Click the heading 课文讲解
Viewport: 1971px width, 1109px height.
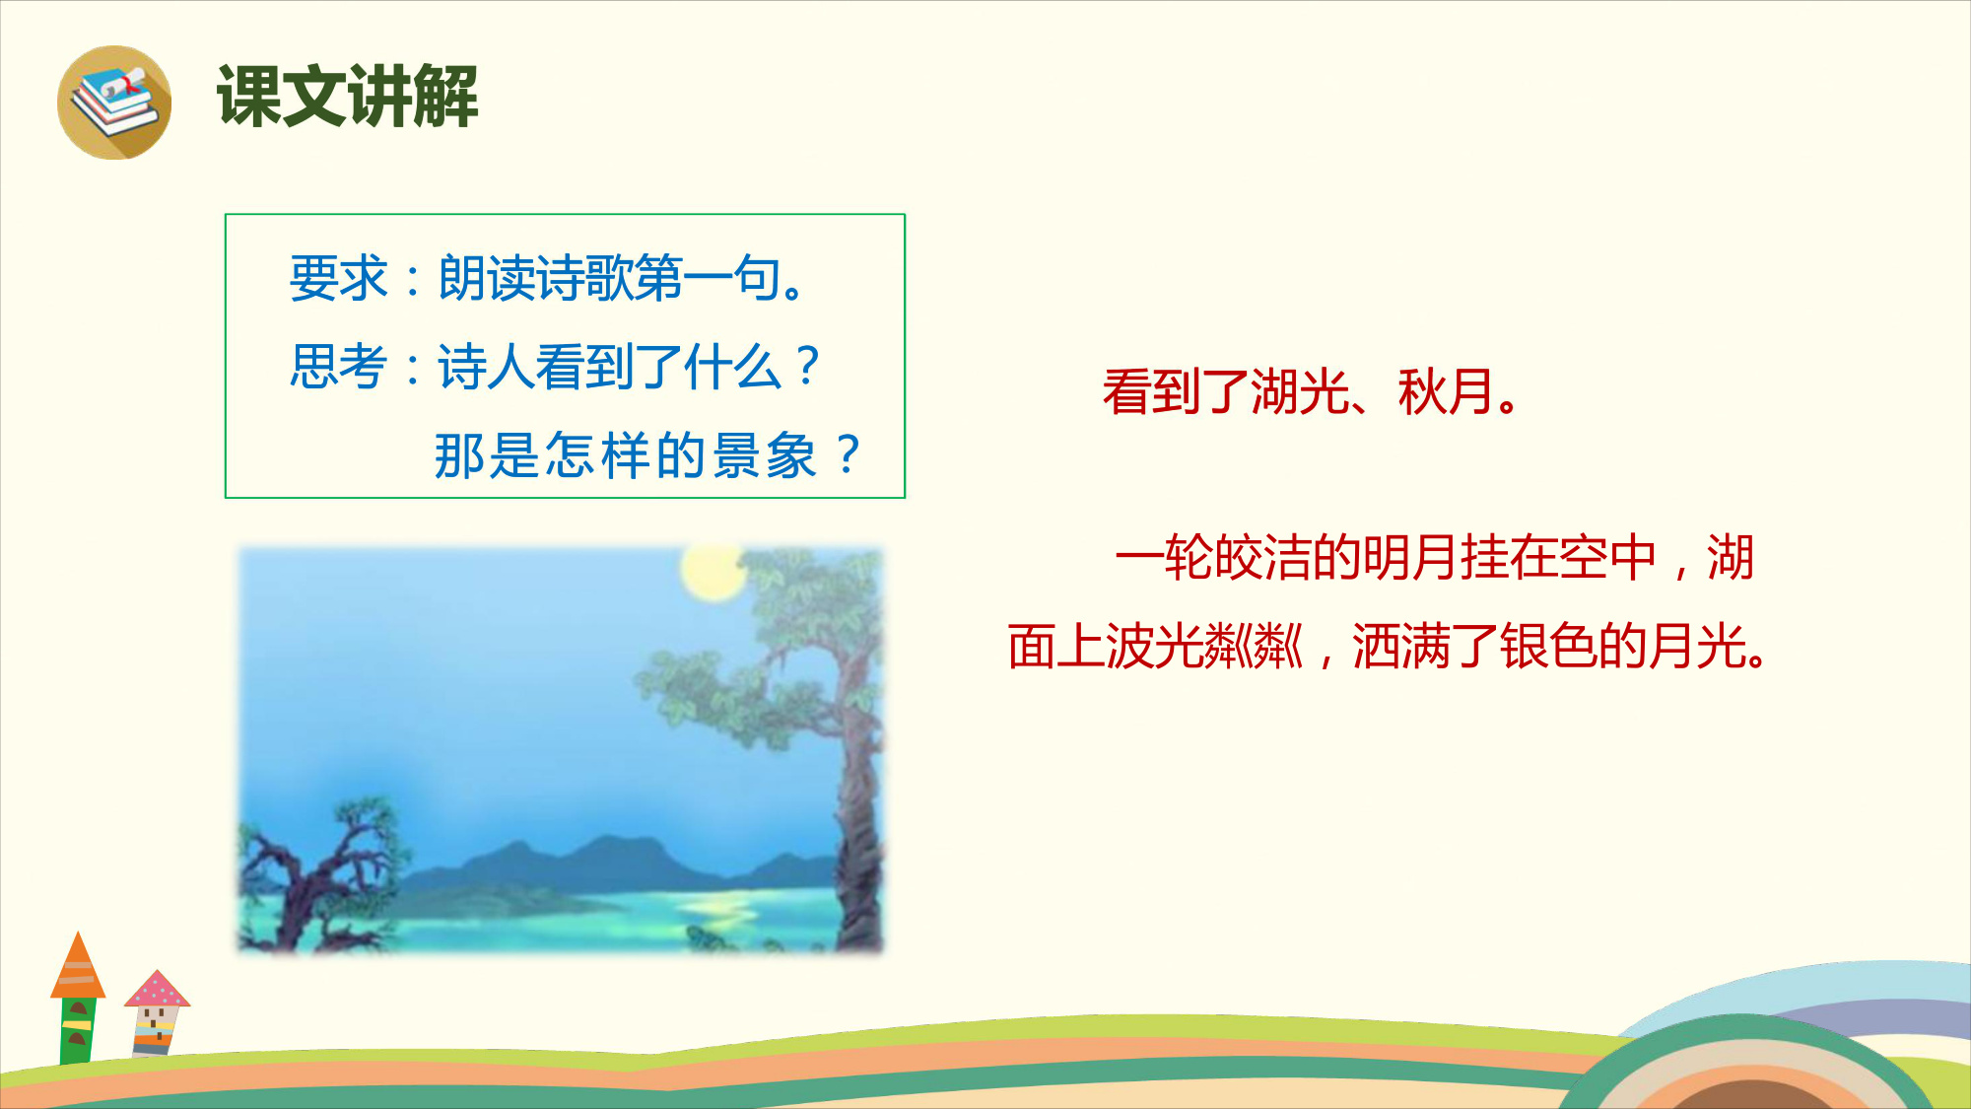(x=348, y=97)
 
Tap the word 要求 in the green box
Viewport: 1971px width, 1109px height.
(x=339, y=278)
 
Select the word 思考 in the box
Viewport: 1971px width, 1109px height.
(x=339, y=367)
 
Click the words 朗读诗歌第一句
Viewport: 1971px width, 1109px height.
(x=610, y=278)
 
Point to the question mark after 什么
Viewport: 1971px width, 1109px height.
(x=808, y=367)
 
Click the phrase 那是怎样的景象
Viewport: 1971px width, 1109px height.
(x=626, y=455)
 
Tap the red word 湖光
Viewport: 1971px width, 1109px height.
(x=1299, y=391)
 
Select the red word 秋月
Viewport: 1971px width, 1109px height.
(x=1447, y=391)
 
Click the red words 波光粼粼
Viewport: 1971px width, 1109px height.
(x=1204, y=647)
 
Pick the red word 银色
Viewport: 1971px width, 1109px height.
(x=1548, y=647)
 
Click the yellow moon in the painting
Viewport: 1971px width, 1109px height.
(x=714, y=572)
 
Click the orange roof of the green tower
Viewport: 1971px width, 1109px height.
(x=78, y=965)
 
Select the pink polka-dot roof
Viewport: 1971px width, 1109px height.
(x=157, y=989)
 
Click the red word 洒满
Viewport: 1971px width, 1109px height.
(x=1400, y=647)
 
